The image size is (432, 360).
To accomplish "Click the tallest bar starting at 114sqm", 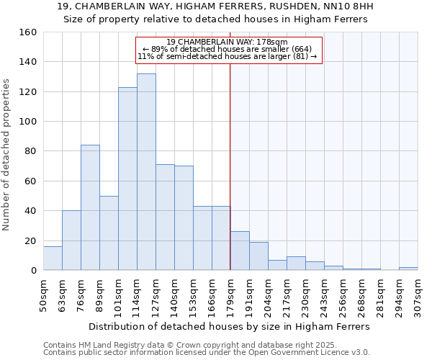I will pos(146,172).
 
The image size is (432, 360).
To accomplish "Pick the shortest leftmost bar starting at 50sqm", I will pos(53,258).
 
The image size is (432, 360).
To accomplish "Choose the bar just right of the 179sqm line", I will pos(240,251).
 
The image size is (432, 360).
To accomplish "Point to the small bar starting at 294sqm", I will pos(408,269).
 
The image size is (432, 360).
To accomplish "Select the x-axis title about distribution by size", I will pos(230,326).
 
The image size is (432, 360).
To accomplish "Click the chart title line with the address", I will pos(215,6).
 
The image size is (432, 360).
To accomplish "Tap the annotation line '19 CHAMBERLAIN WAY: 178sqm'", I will pos(227,42).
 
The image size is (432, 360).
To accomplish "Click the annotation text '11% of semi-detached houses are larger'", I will pos(227,56).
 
